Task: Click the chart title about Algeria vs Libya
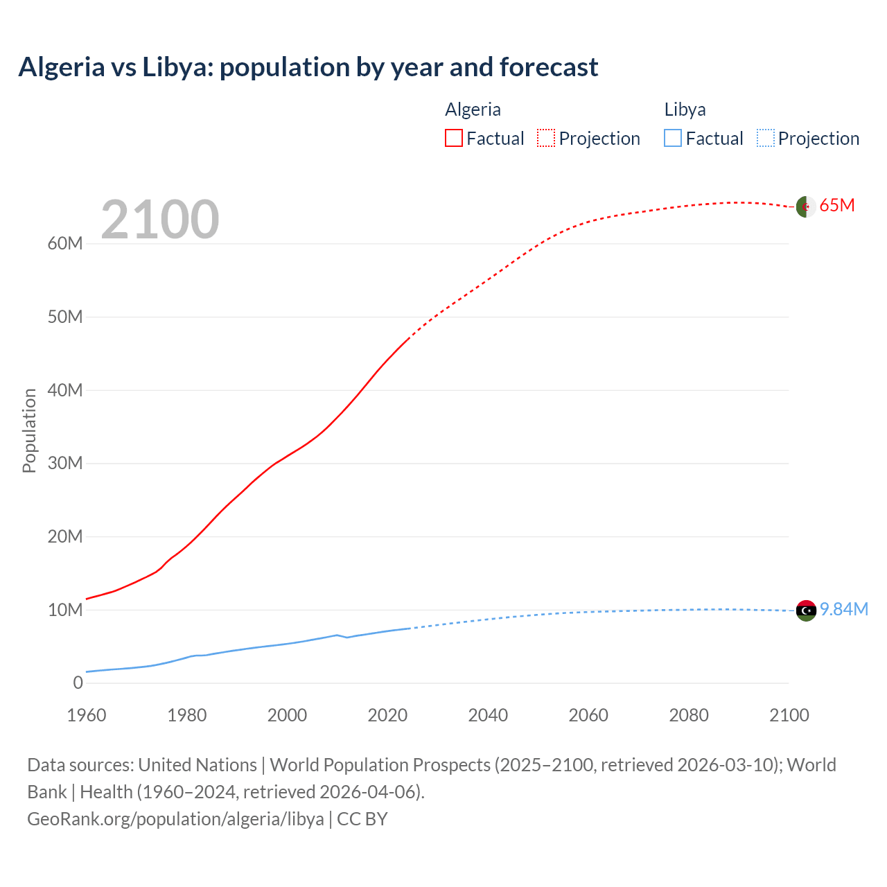point(308,67)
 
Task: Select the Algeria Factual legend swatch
point(453,138)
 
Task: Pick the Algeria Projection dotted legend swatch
point(546,138)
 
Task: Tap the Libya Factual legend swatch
point(672,138)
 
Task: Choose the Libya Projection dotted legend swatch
point(765,138)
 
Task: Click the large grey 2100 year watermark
point(160,220)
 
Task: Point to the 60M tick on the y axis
point(65,244)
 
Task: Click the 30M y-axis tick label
point(65,463)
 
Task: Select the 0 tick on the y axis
point(78,683)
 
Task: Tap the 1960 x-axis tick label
point(87,715)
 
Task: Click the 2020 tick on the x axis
point(387,715)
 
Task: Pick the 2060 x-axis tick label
point(588,715)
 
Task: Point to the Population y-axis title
point(29,430)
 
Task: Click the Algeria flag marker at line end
point(805,206)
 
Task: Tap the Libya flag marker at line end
point(806,611)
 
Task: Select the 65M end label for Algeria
point(837,206)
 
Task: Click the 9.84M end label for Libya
point(844,609)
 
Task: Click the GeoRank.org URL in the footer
point(175,818)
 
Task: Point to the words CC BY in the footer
point(362,818)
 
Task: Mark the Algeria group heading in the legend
point(473,109)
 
